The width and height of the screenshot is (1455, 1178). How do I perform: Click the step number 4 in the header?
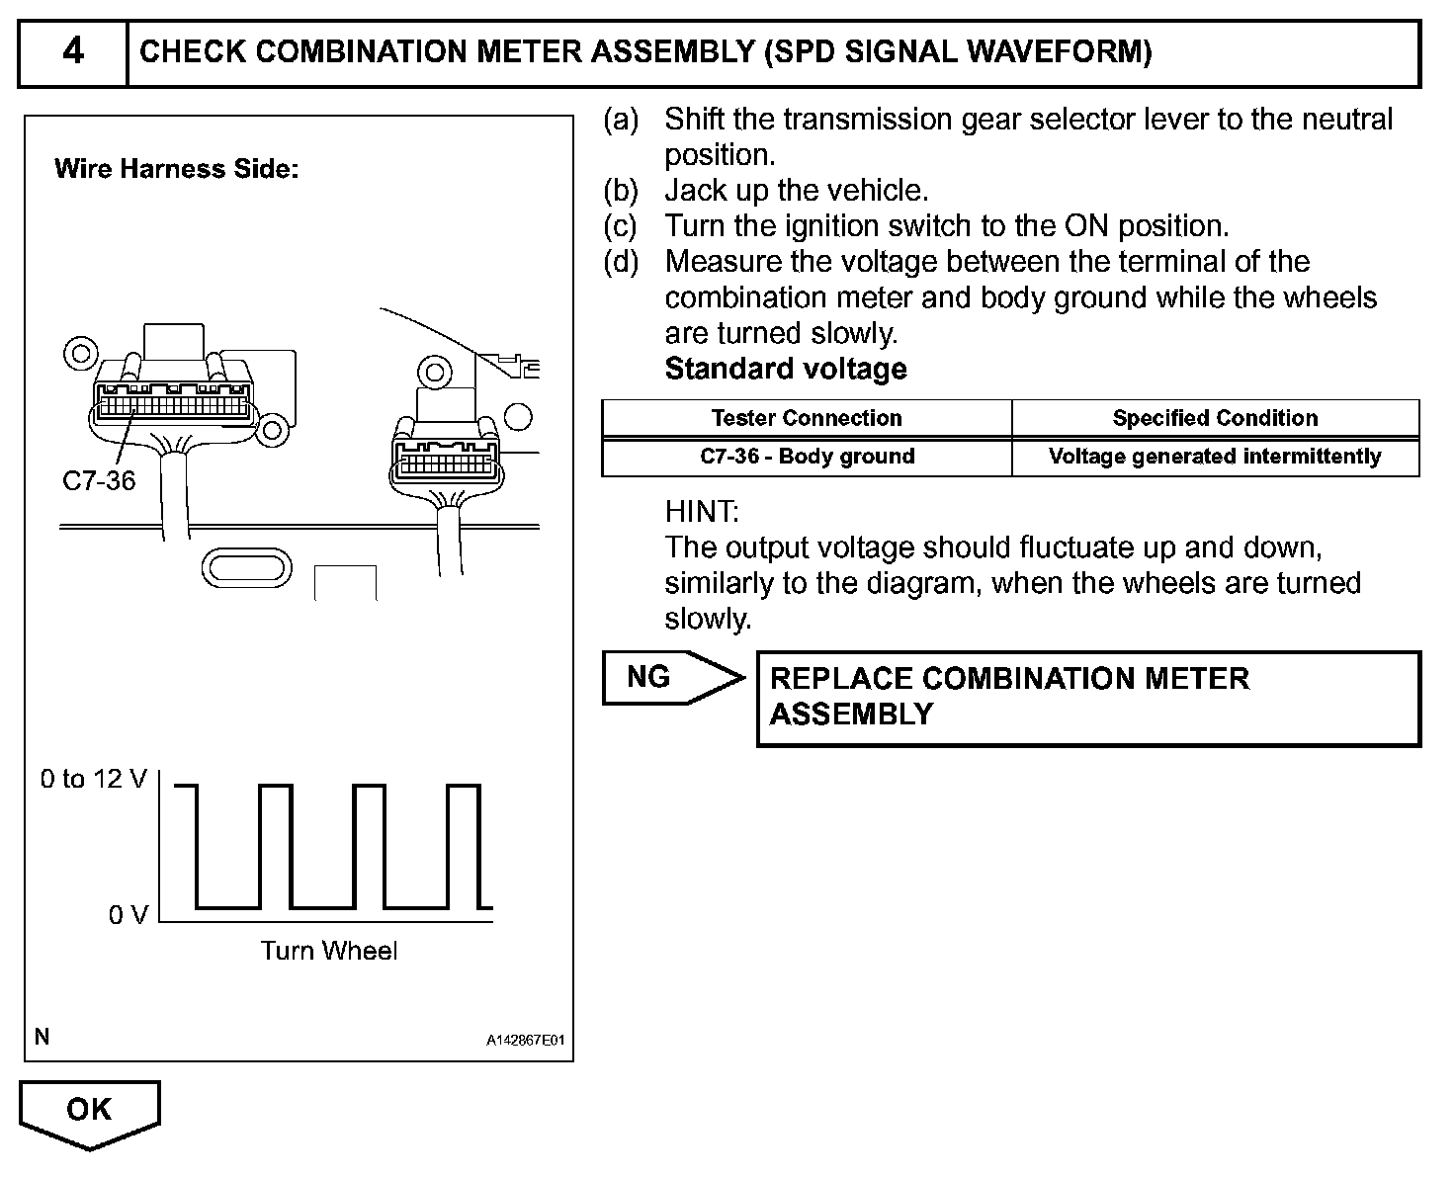(x=73, y=51)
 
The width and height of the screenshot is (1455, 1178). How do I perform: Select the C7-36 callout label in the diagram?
(x=98, y=481)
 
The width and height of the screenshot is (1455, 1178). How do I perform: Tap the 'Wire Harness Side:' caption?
(x=176, y=169)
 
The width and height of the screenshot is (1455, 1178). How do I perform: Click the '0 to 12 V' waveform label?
(x=93, y=780)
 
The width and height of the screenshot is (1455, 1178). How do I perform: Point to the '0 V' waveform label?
(x=128, y=915)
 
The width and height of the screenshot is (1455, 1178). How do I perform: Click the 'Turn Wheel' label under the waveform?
(x=328, y=951)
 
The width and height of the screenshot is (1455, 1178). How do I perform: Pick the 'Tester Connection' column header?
(x=806, y=418)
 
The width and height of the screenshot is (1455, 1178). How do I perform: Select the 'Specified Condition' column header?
(x=1215, y=418)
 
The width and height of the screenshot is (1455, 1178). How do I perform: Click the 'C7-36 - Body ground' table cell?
(x=807, y=457)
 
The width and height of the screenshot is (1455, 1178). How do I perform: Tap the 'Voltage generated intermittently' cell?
(x=1215, y=457)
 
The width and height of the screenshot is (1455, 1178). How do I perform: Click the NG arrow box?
(x=668, y=678)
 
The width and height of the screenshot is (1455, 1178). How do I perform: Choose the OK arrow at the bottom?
(x=89, y=1111)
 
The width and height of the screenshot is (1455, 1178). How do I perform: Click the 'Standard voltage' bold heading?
(x=786, y=369)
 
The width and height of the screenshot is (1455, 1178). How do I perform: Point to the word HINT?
(x=702, y=512)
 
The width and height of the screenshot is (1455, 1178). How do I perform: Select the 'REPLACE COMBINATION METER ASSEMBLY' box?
(x=1087, y=698)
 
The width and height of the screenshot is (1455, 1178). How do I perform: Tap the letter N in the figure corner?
(x=42, y=1037)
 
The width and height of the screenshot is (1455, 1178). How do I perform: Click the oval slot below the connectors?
(x=247, y=568)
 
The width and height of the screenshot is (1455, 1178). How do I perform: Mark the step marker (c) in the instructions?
(x=621, y=226)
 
